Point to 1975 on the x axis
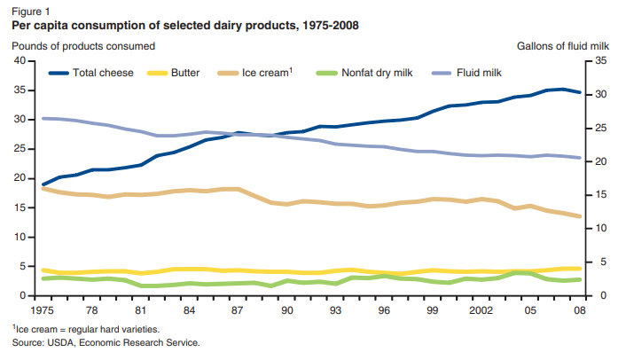click(x=43, y=311)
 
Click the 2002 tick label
click(x=481, y=311)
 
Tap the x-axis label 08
click(x=579, y=311)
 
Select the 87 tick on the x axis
click(x=238, y=311)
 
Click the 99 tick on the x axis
click(x=433, y=311)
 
